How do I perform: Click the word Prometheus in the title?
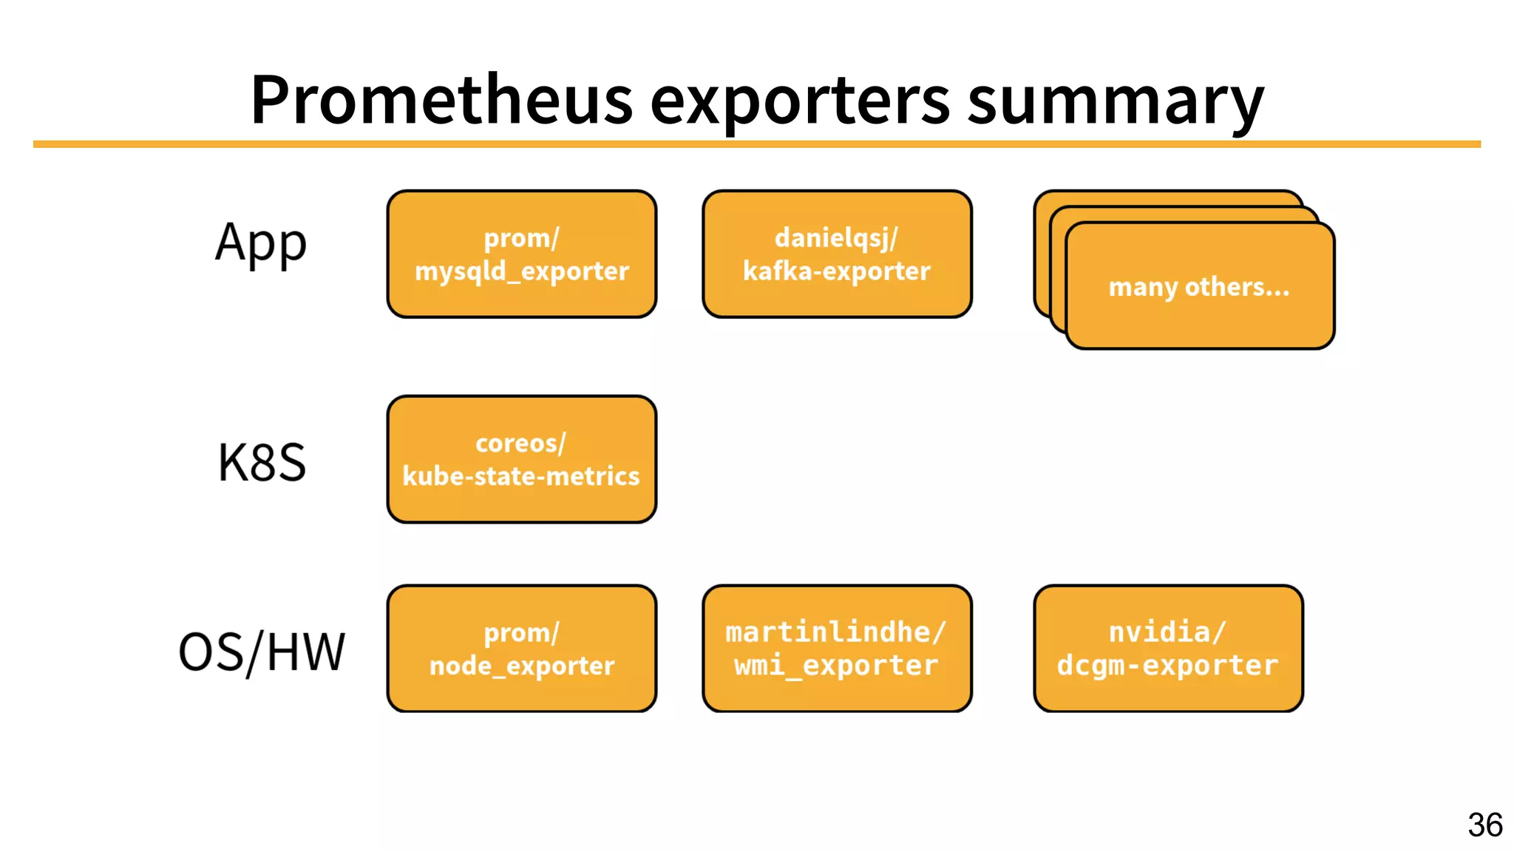441,100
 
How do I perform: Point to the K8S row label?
262,462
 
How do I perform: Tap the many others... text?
1199,287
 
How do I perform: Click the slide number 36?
1485,825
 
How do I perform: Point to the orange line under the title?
757,144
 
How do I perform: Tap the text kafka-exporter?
837,271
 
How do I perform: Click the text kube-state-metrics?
521,476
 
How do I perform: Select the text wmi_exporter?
837,666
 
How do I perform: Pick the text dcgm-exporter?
1168,666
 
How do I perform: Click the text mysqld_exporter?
522,271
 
